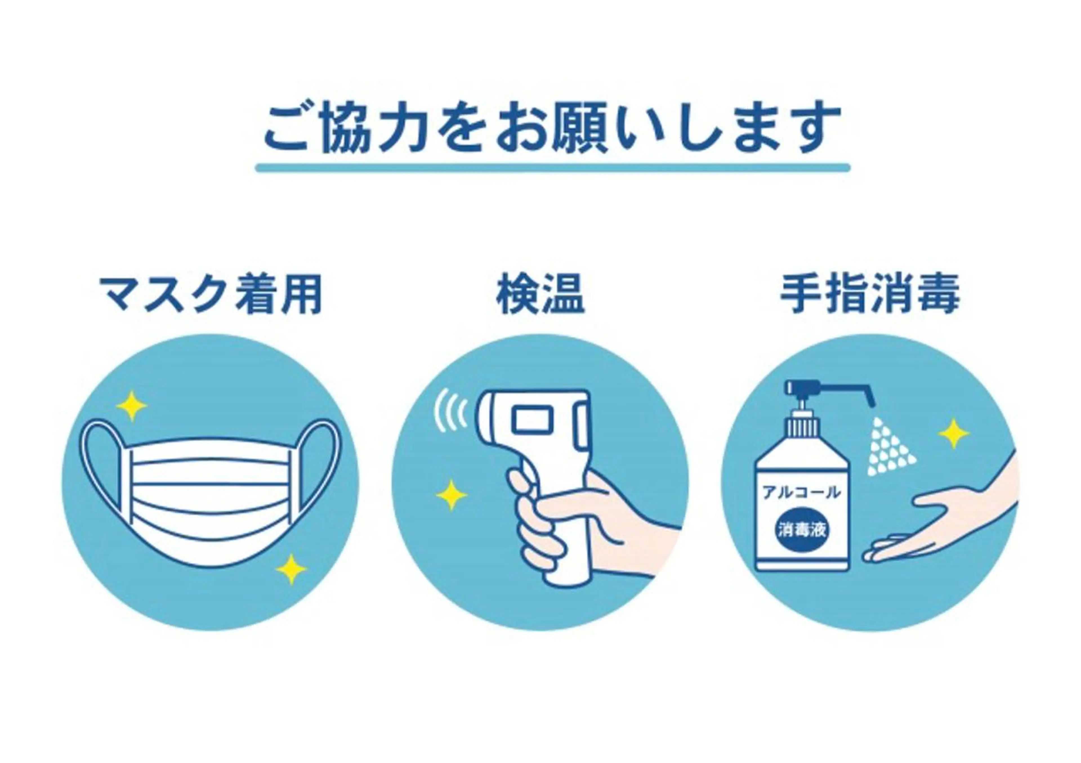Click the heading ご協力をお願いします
pos(553,128)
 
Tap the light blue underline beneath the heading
pos(553,167)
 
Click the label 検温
pos(540,295)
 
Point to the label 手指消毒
pos(870,295)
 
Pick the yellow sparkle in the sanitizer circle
pos(954,433)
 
